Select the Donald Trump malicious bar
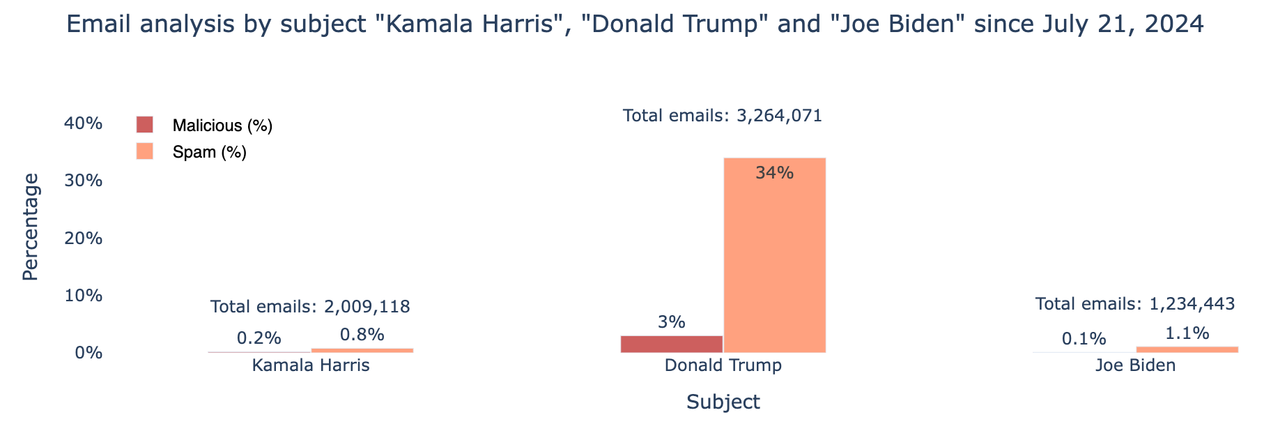[671, 344]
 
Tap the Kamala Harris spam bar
[362, 350]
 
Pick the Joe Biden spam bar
[1187, 349]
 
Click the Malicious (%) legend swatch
[145, 126]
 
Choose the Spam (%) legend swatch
[145, 151]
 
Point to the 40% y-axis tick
[84, 123]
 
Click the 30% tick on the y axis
[84, 181]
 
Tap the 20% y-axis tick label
[84, 238]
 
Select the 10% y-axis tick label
[84, 296]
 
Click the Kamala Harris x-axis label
[311, 365]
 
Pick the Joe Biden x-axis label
[1135, 365]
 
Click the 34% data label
[774, 173]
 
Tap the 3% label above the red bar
[671, 322]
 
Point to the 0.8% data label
[362, 335]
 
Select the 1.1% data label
[1187, 333]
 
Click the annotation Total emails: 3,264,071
[723, 116]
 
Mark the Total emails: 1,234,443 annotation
[1135, 304]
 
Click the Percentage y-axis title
[31, 227]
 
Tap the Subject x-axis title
[723, 402]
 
